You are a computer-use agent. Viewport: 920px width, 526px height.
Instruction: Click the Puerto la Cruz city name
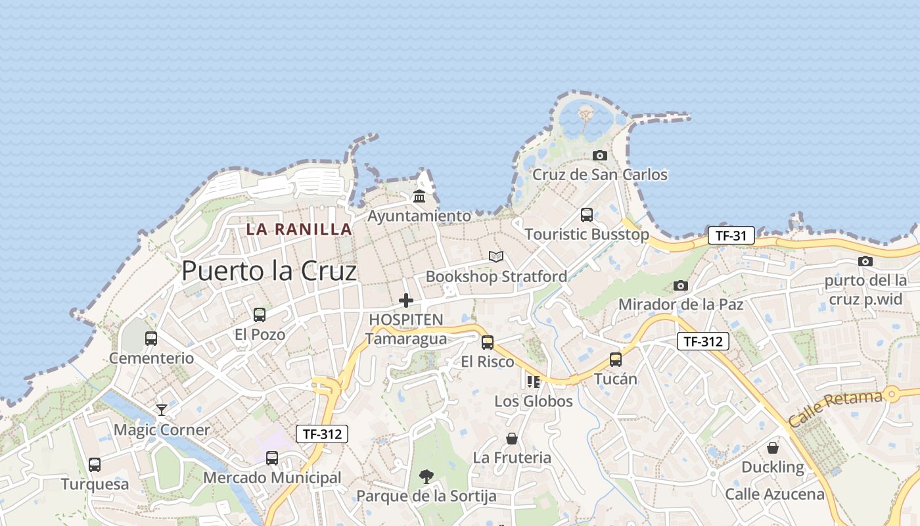tap(269, 271)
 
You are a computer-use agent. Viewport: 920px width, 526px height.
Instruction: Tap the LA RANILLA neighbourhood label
tap(299, 229)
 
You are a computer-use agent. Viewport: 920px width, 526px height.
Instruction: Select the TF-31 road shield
tap(731, 236)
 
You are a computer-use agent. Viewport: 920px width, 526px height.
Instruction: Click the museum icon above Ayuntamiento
tap(419, 196)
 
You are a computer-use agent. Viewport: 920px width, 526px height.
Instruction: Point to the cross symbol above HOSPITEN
tap(406, 300)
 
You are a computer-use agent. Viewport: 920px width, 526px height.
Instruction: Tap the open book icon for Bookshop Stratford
tap(496, 256)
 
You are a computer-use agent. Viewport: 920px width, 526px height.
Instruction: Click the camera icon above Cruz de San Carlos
tap(599, 156)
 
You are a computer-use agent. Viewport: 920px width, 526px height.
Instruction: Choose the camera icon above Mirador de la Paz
tap(681, 285)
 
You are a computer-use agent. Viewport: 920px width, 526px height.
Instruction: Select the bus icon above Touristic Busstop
tap(587, 215)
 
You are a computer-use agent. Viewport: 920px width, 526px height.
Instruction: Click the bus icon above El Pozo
tap(260, 315)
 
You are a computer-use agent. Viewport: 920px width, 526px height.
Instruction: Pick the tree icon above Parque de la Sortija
tap(426, 477)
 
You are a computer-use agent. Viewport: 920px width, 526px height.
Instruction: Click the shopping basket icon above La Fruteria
tap(512, 439)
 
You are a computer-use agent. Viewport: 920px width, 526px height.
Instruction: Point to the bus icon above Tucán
tap(615, 360)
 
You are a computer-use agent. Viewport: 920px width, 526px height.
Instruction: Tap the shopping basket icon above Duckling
tap(773, 448)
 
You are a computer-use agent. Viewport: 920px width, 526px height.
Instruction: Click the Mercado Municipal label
tap(272, 478)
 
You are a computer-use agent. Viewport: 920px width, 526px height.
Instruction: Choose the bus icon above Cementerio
tap(151, 339)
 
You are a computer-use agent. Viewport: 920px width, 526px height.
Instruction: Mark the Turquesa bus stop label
tap(95, 485)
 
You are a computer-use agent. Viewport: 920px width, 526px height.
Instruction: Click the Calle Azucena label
tap(775, 494)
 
